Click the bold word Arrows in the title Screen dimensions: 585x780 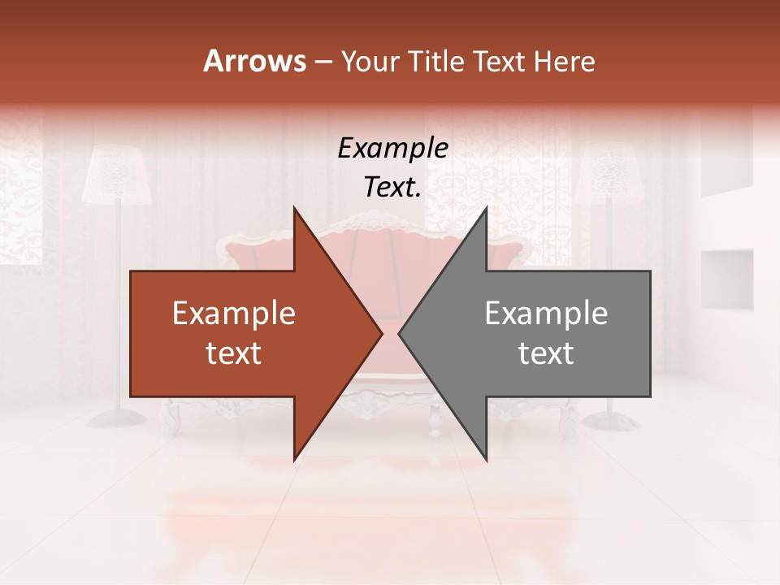point(254,61)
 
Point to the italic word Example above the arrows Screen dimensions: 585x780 point(393,148)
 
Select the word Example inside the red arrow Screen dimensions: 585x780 point(234,313)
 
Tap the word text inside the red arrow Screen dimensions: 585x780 point(234,353)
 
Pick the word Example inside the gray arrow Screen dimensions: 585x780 point(546,313)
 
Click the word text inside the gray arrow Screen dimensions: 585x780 point(546,353)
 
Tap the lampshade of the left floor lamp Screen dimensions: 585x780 point(118,175)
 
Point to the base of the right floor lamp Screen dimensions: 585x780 point(611,420)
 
